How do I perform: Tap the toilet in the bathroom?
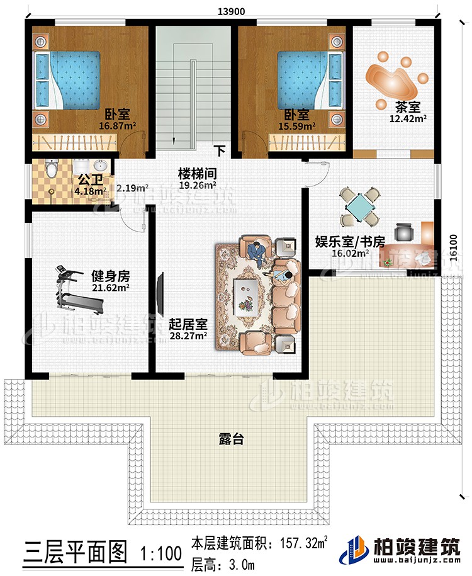click(x=52, y=169)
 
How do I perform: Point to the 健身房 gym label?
click(x=110, y=276)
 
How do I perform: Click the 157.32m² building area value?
click(x=298, y=542)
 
